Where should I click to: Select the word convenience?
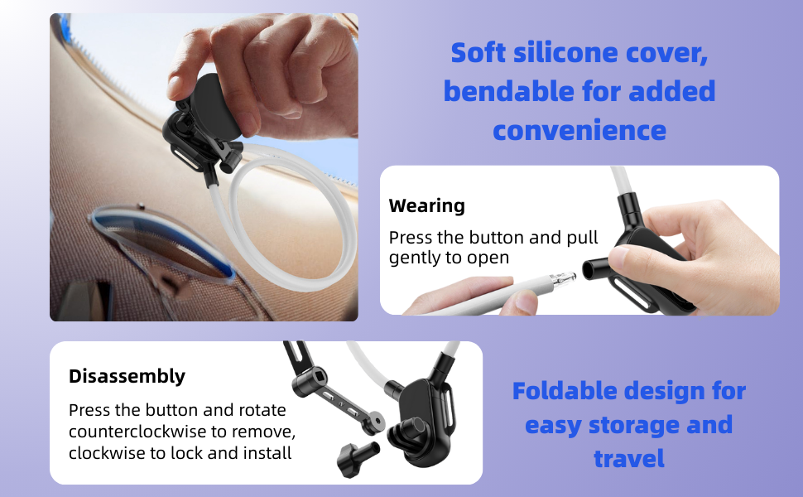(579, 129)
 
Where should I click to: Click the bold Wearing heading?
(427, 205)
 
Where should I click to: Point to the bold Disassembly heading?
(127, 376)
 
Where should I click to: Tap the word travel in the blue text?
(629, 457)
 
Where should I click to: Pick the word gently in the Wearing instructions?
(416, 258)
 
